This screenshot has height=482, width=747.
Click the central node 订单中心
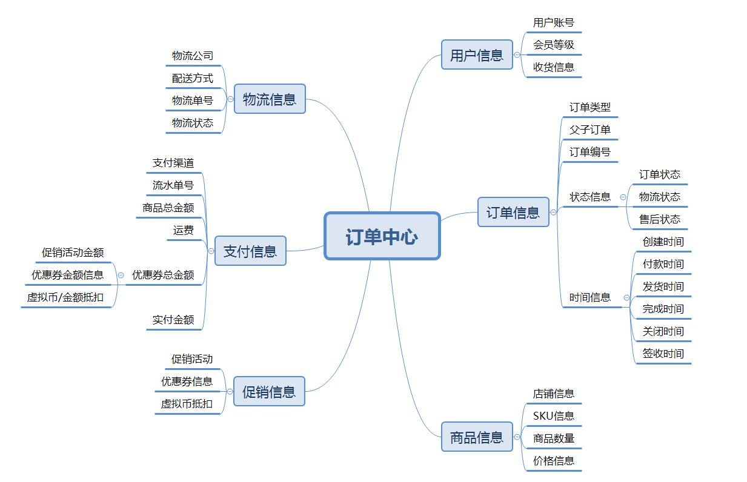(x=382, y=236)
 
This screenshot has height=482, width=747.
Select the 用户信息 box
(x=477, y=54)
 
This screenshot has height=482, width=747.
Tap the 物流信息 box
(x=270, y=99)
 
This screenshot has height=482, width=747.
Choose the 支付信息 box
(x=250, y=251)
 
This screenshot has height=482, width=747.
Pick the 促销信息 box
(x=269, y=391)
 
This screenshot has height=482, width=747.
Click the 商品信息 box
(x=477, y=437)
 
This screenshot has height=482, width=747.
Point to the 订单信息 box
(x=513, y=212)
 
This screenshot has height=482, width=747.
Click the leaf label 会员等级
(x=554, y=45)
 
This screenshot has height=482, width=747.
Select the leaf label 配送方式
(x=193, y=78)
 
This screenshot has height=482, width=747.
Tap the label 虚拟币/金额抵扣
(x=65, y=297)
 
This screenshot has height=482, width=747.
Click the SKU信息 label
(x=554, y=416)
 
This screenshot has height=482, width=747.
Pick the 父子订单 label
(x=590, y=130)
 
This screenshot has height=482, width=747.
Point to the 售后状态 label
(x=660, y=219)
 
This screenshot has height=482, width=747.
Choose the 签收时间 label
(x=663, y=354)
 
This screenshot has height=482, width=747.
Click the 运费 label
(x=184, y=230)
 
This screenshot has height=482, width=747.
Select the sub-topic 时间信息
(x=590, y=297)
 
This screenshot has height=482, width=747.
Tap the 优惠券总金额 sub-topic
(x=163, y=275)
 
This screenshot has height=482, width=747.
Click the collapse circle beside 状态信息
(x=623, y=197)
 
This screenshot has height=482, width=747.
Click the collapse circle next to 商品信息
(x=517, y=437)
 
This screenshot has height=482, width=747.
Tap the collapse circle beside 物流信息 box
(x=230, y=99)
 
